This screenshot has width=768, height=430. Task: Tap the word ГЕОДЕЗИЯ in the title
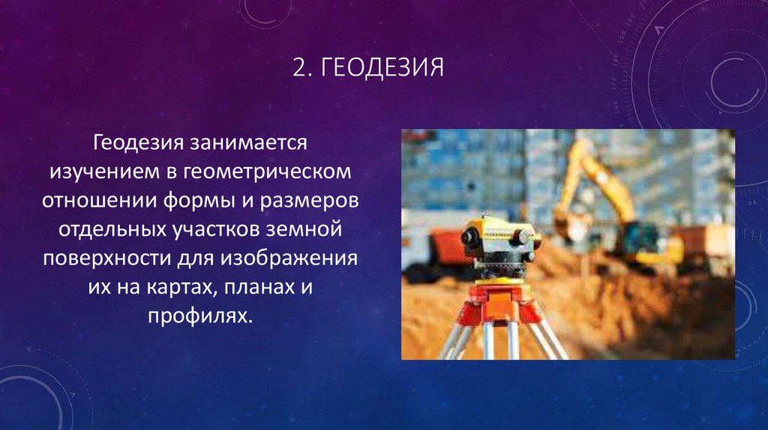[x=382, y=70]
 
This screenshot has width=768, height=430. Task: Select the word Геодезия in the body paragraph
[x=140, y=142]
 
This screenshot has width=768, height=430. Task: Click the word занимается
[x=250, y=142]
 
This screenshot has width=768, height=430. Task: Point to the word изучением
[x=103, y=172]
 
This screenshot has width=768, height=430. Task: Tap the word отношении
[x=94, y=202]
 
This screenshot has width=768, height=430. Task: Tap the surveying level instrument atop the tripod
[x=499, y=238]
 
